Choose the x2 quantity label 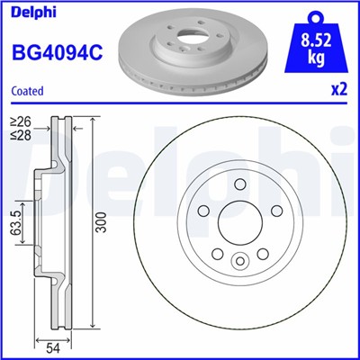tap(340, 91)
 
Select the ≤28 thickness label tap(19, 134)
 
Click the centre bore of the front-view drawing tap(239, 223)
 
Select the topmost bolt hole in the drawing tap(239, 184)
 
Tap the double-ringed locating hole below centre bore tap(239, 262)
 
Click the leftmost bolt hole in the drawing tap(202, 211)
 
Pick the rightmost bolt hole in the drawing tap(277, 211)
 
